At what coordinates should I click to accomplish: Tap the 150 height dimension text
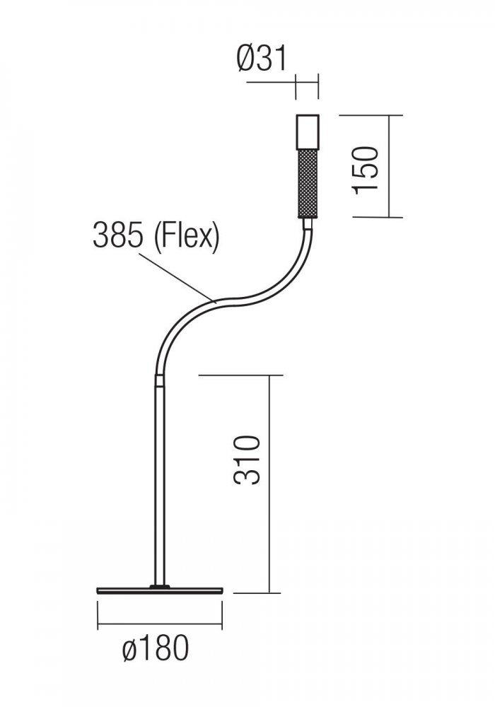click(366, 170)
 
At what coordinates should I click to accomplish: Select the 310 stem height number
click(248, 460)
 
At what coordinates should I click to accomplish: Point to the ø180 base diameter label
click(156, 648)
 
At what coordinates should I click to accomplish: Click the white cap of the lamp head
click(308, 132)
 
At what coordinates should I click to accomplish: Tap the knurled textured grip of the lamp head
click(308, 184)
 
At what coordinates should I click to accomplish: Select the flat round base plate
click(160, 590)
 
